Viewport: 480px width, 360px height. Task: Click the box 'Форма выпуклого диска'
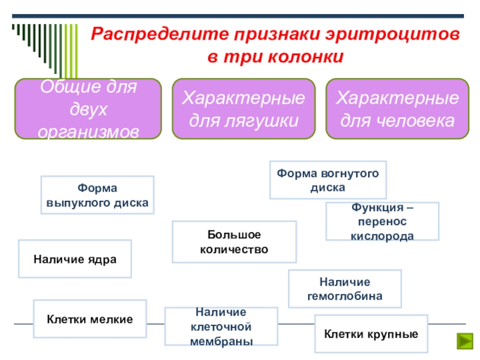tap(97, 195)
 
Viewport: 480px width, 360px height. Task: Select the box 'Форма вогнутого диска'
tap(328, 180)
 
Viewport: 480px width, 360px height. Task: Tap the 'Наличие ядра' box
tap(75, 259)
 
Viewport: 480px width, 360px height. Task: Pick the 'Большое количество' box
tap(234, 242)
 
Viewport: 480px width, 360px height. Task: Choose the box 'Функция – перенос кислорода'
tap(382, 221)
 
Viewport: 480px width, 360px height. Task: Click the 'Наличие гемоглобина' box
tap(345, 289)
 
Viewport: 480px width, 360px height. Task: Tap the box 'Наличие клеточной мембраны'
tap(221, 326)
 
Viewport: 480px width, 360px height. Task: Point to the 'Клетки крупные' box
tap(371, 333)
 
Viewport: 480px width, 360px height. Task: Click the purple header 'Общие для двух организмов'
tap(88, 109)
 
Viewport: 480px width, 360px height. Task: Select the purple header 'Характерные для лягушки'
tap(244, 109)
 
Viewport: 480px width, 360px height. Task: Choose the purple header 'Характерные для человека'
tap(397, 109)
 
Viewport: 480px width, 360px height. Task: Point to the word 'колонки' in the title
tap(313, 57)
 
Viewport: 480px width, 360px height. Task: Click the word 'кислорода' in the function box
tap(382, 235)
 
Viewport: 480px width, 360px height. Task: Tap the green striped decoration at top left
tap(36, 42)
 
